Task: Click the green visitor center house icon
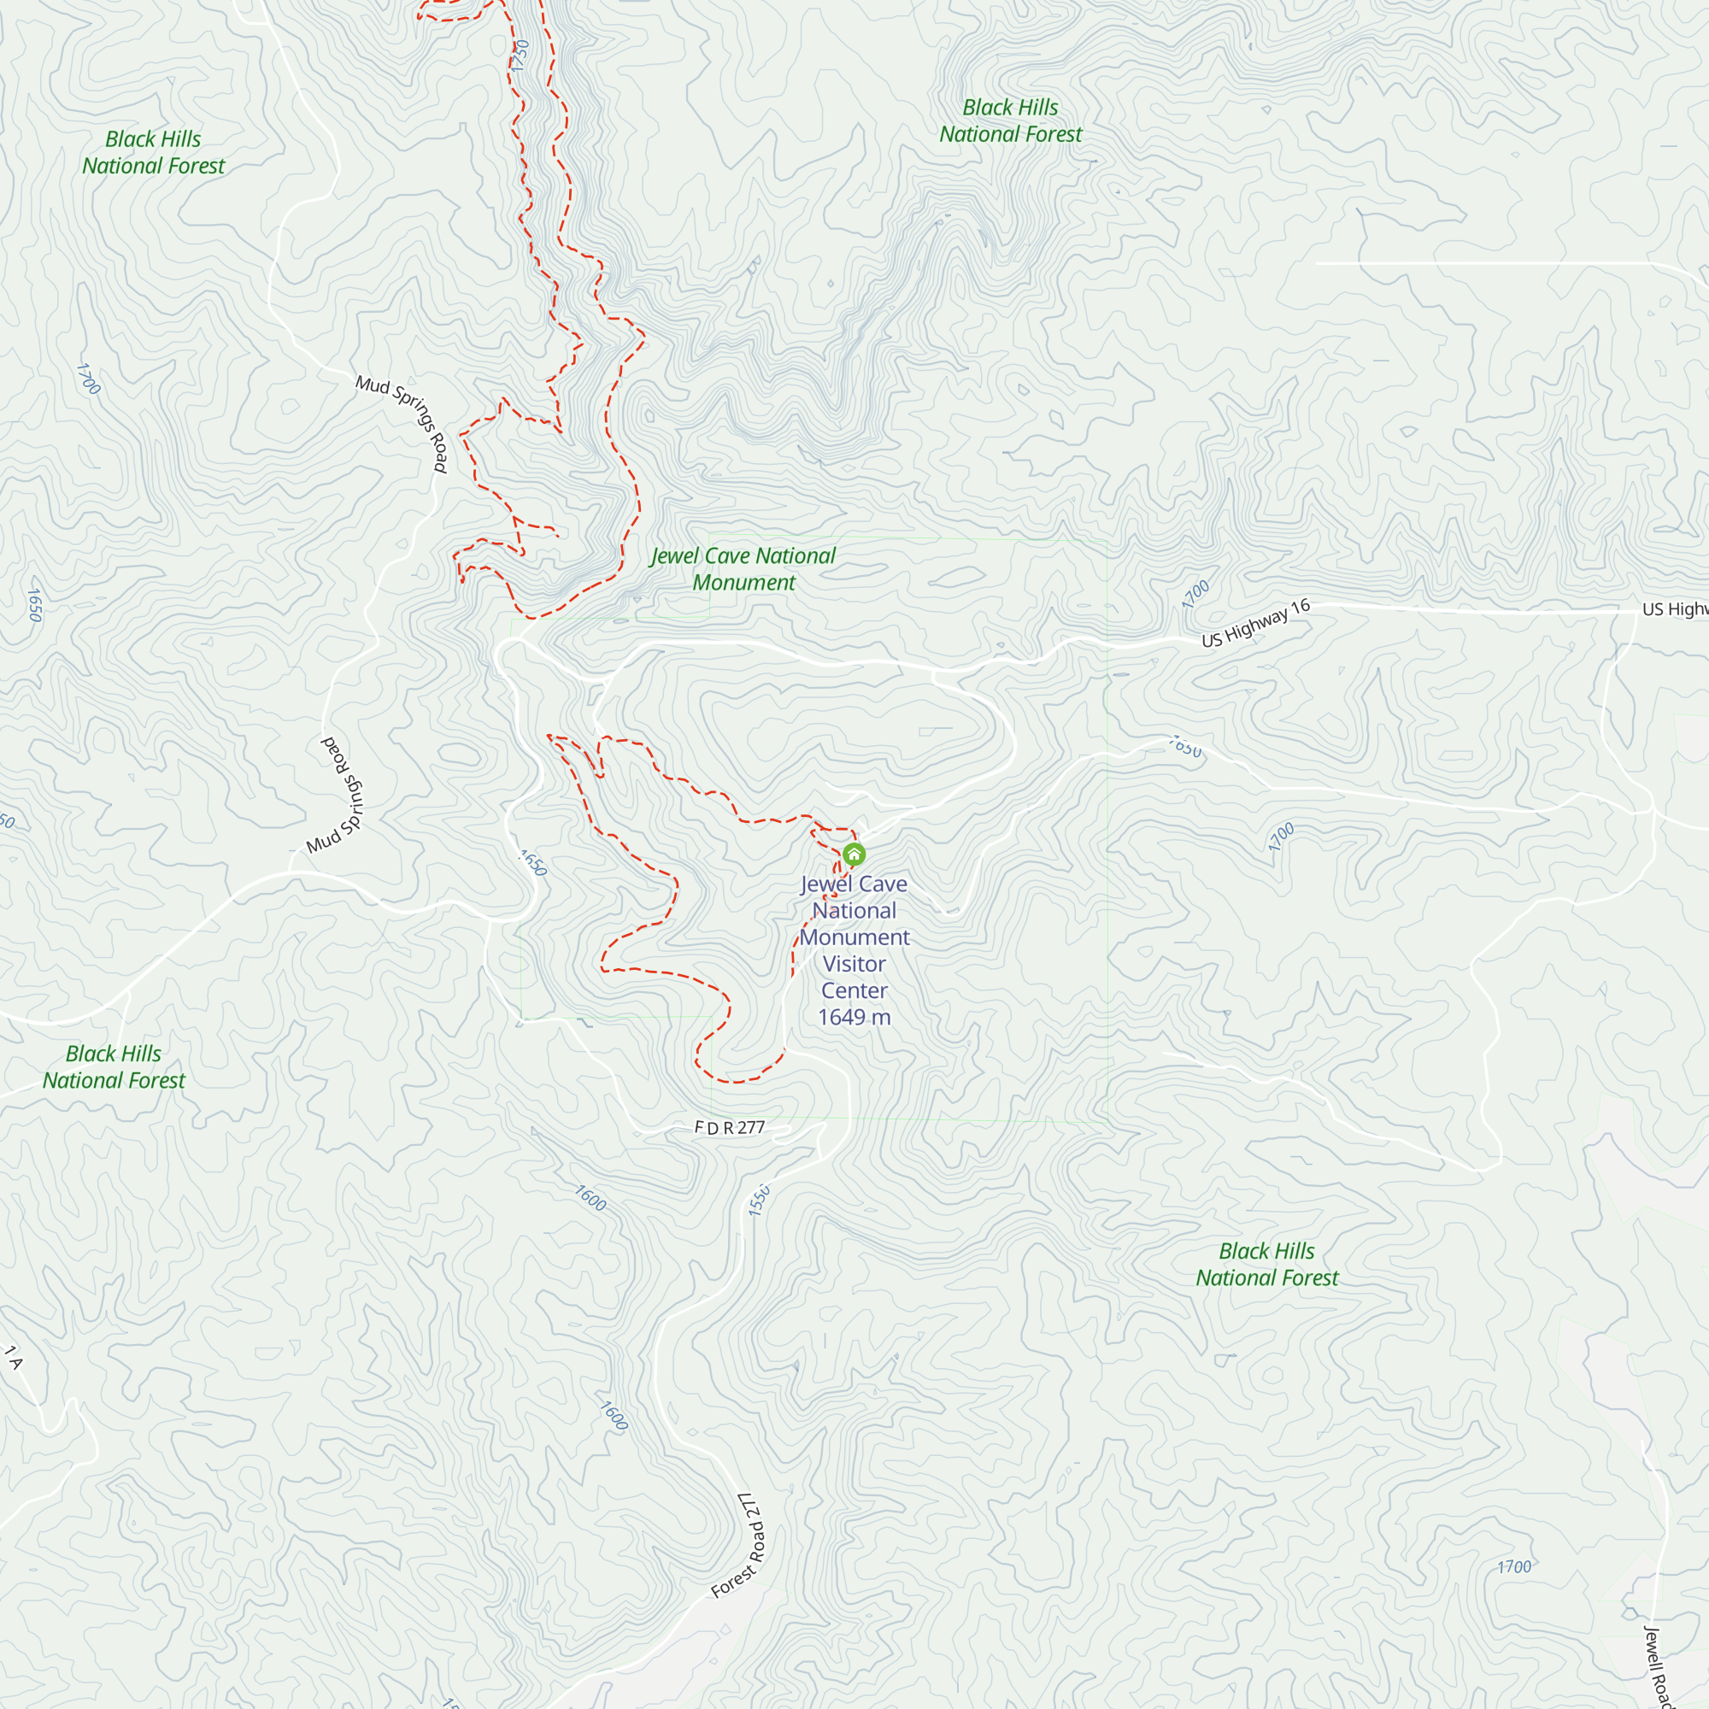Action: [x=854, y=854]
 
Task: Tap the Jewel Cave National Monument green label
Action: [x=743, y=569]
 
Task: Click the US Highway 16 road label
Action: [x=1255, y=624]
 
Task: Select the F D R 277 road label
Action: [x=730, y=1128]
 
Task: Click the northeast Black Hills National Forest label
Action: [x=1010, y=121]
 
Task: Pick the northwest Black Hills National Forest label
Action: [x=153, y=152]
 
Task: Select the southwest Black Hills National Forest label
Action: [x=115, y=1066]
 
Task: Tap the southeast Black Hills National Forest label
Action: [x=1266, y=1264]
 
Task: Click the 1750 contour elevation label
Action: [x=520, y=56]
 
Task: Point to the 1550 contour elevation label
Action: [x=759, y=1201]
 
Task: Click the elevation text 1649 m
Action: [x=854, y=1017]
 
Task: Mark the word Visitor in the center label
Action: [x=854, y=964]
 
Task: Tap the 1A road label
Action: [x=12, y=1358]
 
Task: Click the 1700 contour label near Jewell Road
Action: [x=1513, y=1567]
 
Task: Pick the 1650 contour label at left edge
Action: [x=33, y=605]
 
